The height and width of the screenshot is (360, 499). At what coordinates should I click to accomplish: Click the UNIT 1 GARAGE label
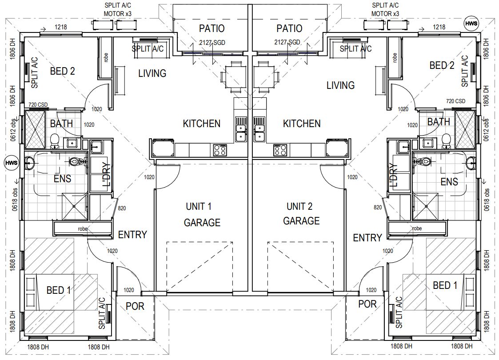tap(202, 214)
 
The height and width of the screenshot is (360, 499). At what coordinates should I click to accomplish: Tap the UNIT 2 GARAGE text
tap(301, 214)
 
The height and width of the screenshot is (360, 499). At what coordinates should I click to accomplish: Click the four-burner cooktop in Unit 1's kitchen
tap(220, 150)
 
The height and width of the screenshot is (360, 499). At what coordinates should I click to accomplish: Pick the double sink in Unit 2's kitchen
tap(259, 129)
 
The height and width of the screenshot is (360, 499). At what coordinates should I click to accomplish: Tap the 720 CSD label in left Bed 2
tap(38, 105)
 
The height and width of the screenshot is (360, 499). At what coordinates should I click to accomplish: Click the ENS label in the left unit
tap(62, 180)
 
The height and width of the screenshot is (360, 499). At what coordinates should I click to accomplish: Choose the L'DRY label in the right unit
tap(393, 175)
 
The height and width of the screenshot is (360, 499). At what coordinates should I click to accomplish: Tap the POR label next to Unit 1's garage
tap(135, 307)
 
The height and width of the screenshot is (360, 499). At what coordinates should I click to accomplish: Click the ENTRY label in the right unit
tap(367, 238)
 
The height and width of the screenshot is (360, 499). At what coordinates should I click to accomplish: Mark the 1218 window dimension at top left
tap(61, 28)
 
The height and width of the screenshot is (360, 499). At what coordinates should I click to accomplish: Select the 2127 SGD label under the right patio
tap(287, 42)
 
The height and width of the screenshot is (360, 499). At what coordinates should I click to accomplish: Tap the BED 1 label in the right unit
tap(445, 285)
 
